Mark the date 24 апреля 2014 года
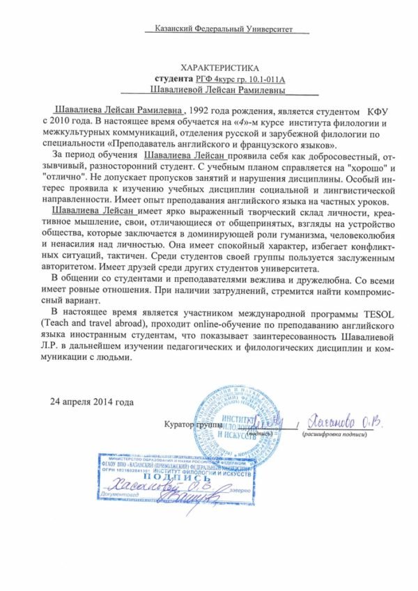(x=91, y=402)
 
